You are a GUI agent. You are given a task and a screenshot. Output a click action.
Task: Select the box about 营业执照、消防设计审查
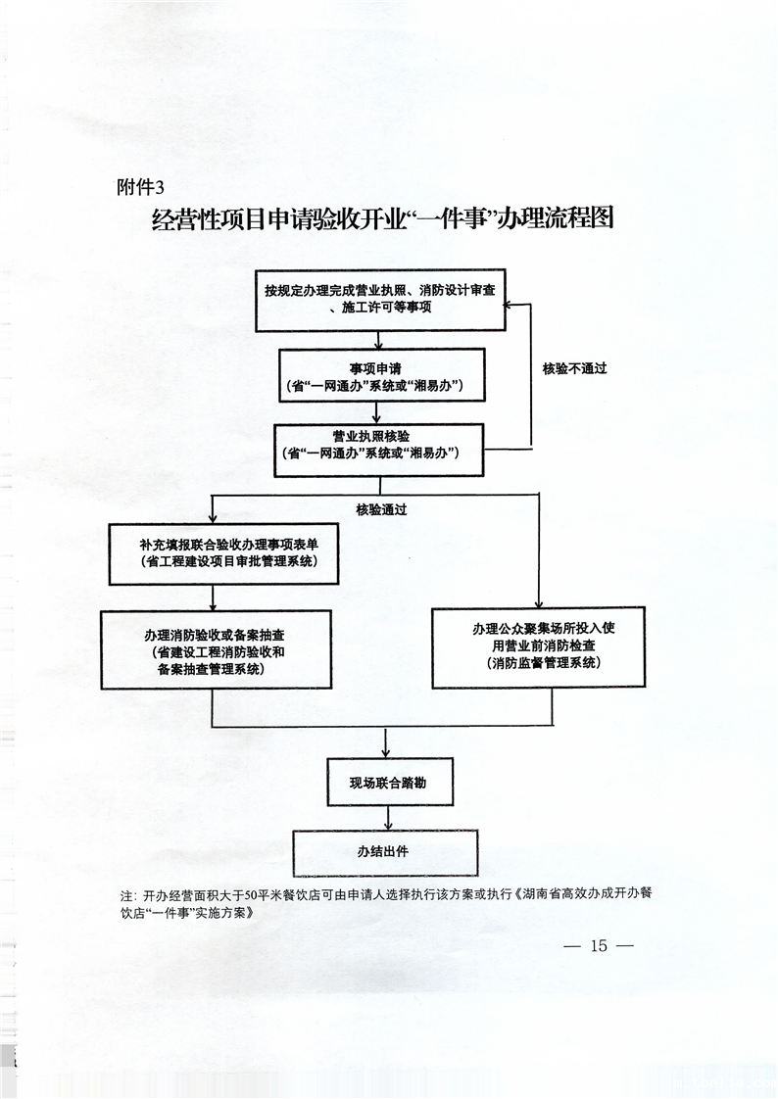pyautogui.click(x=380, y=300)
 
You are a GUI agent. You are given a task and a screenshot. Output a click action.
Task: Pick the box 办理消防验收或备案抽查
pyautogui.click(x=215, y=648)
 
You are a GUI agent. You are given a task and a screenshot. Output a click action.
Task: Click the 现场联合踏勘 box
pyautogui.click(x=389, y=781)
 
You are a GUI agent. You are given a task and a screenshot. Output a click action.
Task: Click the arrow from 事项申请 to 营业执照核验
pyautogui.click(x=378, y=415)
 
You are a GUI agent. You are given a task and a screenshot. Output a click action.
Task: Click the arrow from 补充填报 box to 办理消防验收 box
pyautogui.click(x=213, y=598)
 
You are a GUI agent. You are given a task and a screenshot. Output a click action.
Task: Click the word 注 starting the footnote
pyautogui.click(x=125, y=895)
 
